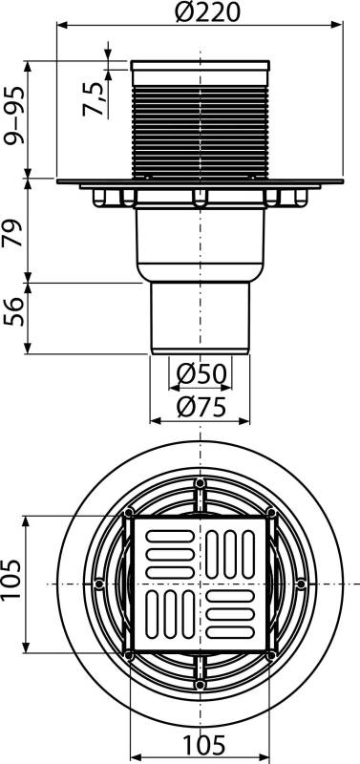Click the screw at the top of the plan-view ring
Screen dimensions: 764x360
coord(199,483)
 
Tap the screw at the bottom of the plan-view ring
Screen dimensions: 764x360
coord(199,684)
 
